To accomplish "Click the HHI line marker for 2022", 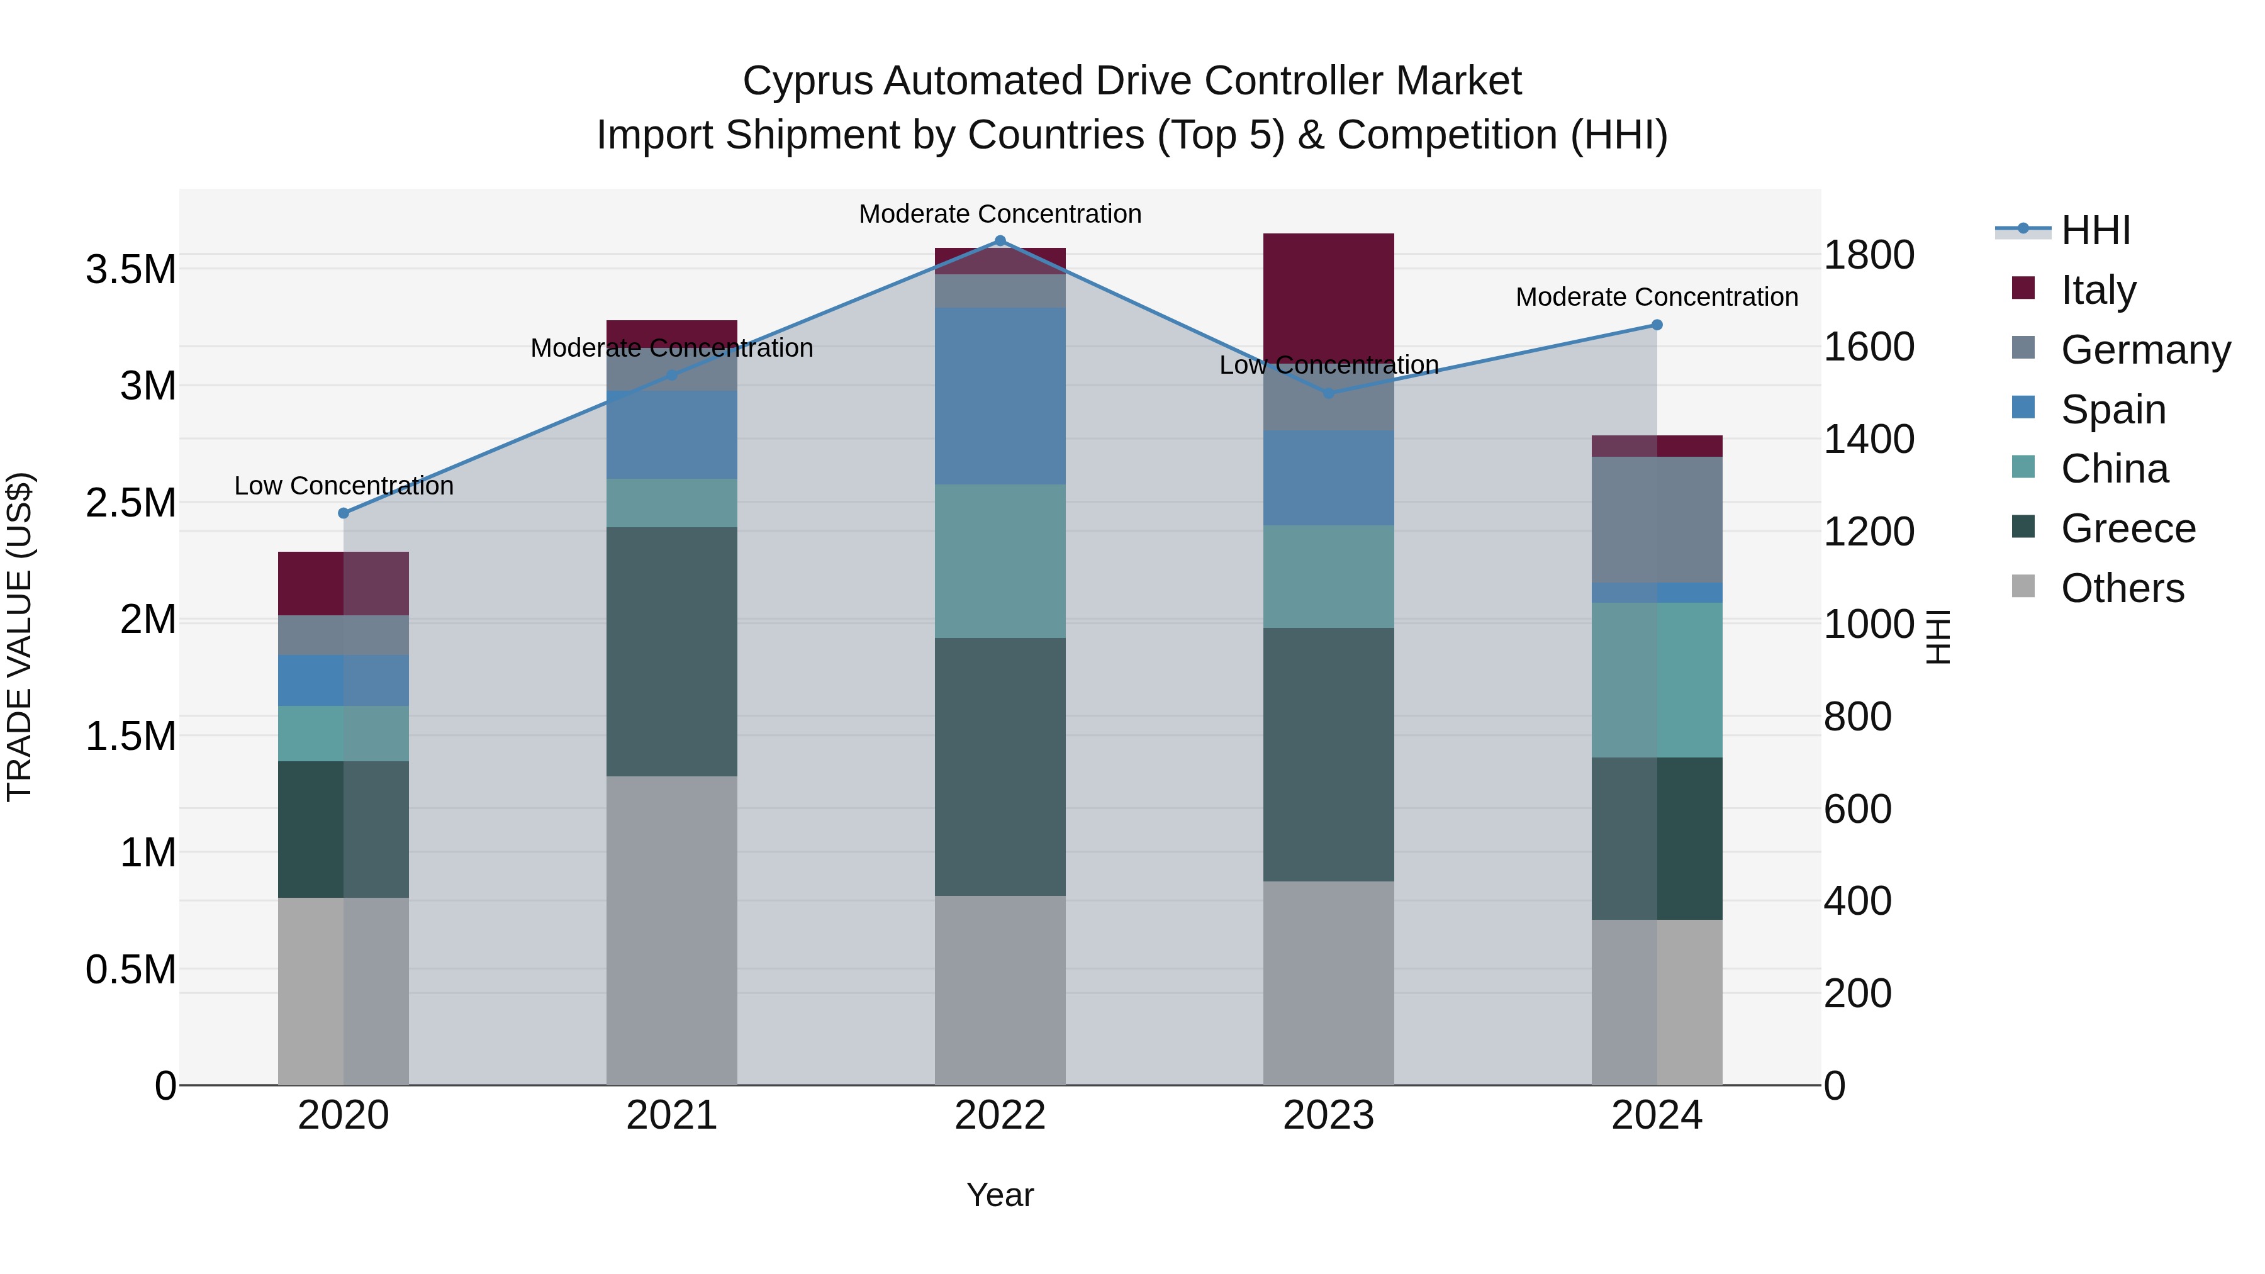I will [1000, 241].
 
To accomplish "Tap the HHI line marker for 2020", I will [344, 513].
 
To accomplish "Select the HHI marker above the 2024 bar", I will [1657, 325].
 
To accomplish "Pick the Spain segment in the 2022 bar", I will [1000, 396].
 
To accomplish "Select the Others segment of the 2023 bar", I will [1328, 983].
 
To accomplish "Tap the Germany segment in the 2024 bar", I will [1657, 520].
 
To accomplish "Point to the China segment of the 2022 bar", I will [1000, 561].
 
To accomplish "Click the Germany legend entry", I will [2145, 350].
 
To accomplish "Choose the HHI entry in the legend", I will [2095, 230].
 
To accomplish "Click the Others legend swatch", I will [2023, 586].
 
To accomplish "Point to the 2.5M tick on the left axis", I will [130, 503].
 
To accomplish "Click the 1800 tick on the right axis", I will [1869, 255].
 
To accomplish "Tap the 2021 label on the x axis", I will [672, 1115].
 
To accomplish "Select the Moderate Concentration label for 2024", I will [1657, 297].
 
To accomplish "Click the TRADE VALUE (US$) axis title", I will [20, 637].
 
